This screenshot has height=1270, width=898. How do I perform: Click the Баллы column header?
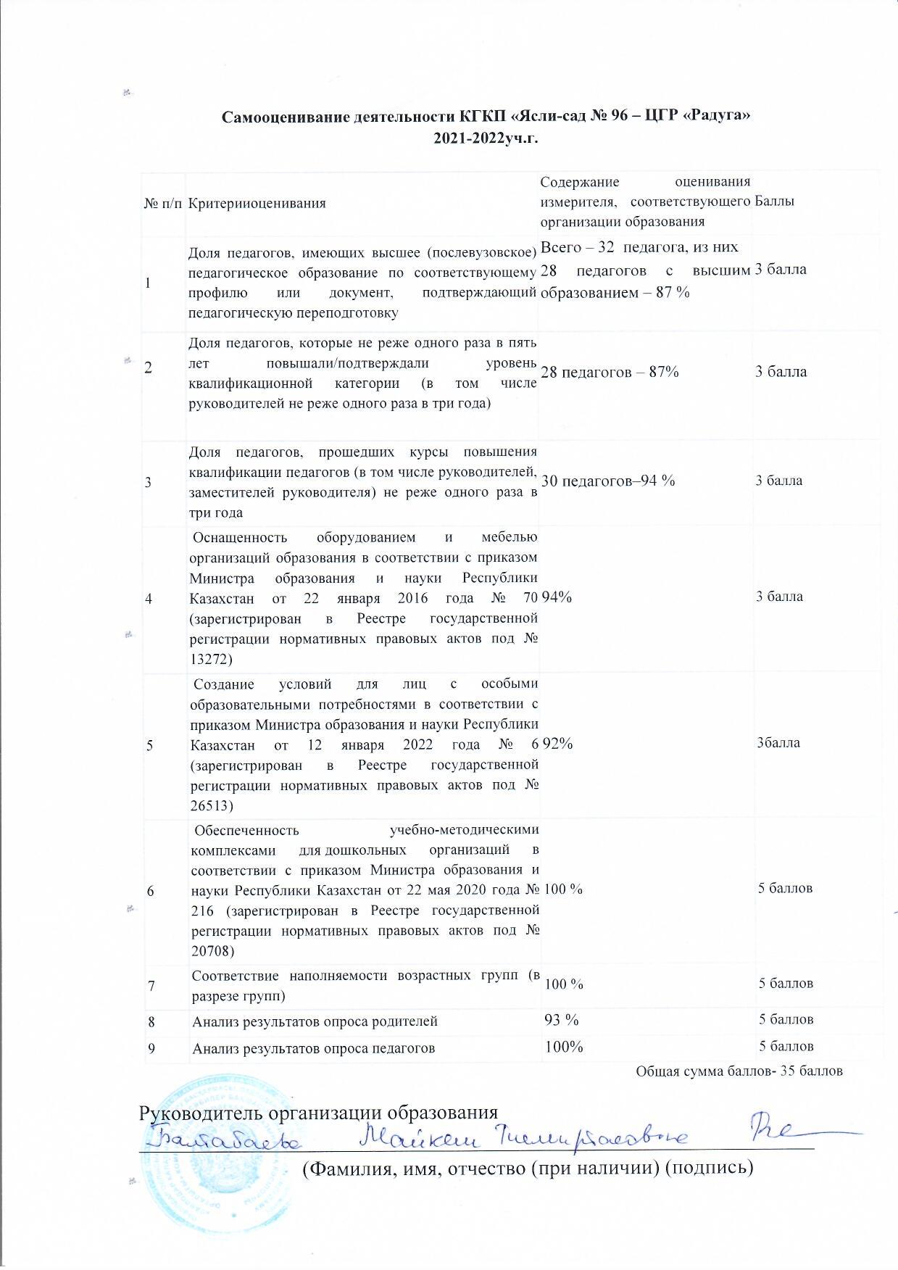775,202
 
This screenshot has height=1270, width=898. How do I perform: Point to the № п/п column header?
165,203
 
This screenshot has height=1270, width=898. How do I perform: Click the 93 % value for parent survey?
561,1020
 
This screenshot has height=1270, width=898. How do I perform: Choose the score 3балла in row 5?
778,743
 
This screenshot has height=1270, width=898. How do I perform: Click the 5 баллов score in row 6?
786,888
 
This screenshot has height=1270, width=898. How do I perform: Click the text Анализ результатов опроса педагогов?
314,1047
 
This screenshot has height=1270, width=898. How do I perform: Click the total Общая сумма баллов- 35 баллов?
739,1071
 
